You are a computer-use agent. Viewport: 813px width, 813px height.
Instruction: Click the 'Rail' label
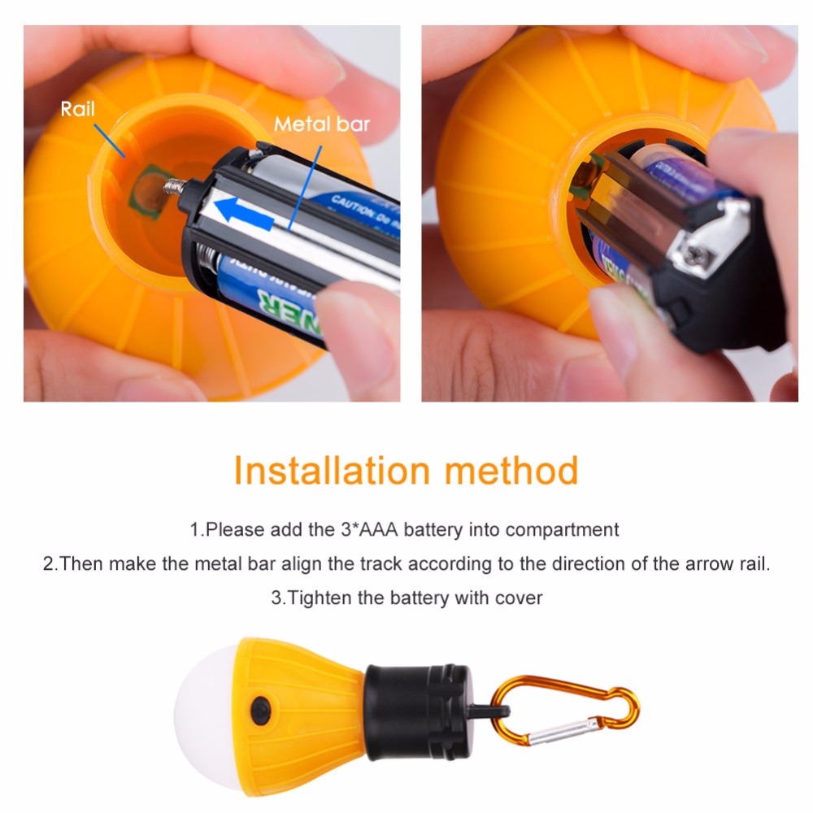78,109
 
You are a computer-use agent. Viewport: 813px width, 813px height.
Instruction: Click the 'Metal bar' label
321,124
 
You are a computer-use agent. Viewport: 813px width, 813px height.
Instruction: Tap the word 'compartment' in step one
562,530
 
